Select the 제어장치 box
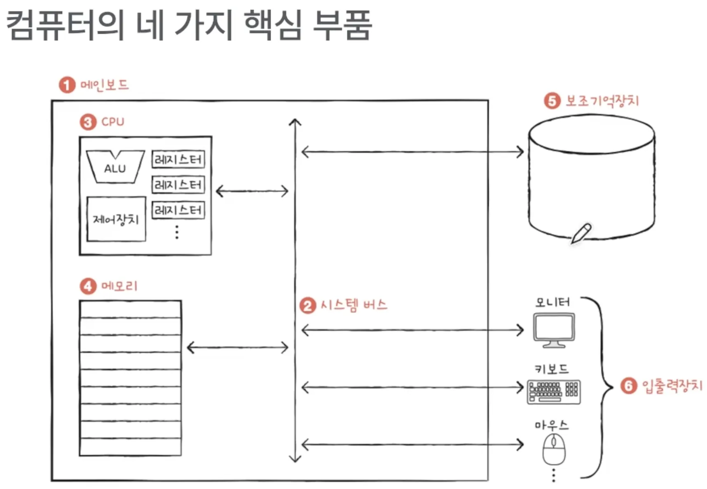(116, 219)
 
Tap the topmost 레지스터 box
(178, 159)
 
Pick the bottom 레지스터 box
(178, 210)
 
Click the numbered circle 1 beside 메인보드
(67, 85)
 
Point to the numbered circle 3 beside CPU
(88, 122)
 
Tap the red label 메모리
(119, 286)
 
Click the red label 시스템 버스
(354, 305)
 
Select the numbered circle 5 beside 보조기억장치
(552, 101)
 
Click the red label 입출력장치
(672, 386)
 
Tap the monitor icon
(554, 330)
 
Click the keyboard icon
(554, 391)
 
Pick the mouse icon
(554, 449)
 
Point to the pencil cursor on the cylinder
(581, 233)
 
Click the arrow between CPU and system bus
(252, 191)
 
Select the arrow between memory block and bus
(237, 347)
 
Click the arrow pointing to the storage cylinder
(412, 152)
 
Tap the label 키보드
(551, 369)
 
